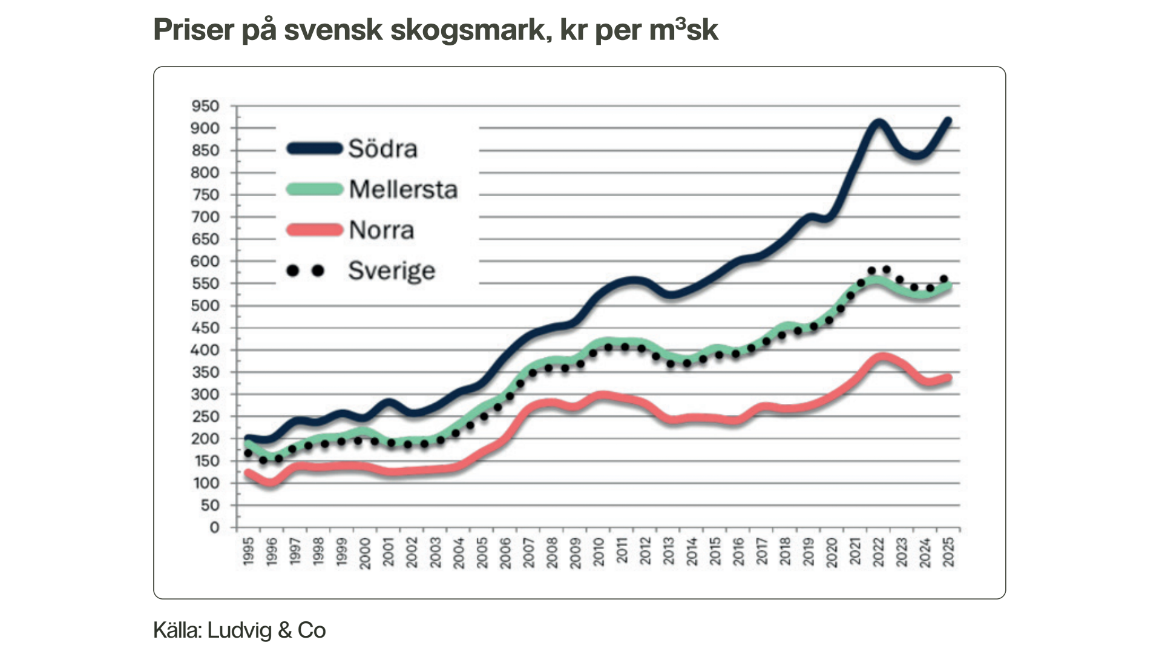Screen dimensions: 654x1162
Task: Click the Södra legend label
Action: tap(382, 149)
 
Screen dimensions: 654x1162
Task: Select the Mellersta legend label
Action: tap(403, 190)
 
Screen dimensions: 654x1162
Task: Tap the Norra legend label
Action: tap(381, 230)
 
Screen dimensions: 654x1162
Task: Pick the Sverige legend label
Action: tap(392, 271)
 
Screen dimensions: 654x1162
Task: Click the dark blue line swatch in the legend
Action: tap(315, 148)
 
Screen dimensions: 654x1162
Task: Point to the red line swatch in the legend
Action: tap(315, 230)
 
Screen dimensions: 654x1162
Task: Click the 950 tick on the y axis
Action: tap(205, 107)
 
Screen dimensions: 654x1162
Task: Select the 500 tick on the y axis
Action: tap(205, 306)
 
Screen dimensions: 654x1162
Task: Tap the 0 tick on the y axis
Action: tap(214, 527)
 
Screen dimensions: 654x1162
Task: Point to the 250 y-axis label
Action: tap(205, 417)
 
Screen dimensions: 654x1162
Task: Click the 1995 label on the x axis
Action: tap(248, 552)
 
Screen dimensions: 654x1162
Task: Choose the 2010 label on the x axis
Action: tap(599, 552)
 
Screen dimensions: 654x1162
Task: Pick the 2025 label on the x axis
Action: tap(948, 552)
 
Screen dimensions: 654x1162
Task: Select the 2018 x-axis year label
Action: tap(785, 552)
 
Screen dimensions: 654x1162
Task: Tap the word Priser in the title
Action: tap(193, 30)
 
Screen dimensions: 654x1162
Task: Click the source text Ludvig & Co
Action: tap(266, 630)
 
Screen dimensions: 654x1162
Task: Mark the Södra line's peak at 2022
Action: tap(878, 124)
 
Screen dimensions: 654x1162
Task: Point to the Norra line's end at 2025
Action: tap(948, 378)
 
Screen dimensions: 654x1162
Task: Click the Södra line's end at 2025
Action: tap(948, 121)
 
